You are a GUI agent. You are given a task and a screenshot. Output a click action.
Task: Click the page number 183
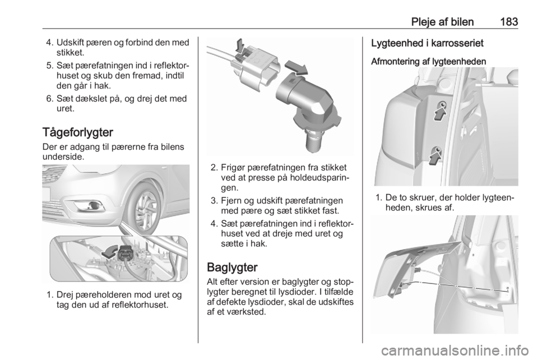coord(509,22)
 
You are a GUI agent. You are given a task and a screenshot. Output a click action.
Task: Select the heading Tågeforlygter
coord(78,133)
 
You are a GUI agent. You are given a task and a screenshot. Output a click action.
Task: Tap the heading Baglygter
coord(232,267)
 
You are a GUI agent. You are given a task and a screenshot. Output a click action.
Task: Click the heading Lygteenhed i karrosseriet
coord(427,43)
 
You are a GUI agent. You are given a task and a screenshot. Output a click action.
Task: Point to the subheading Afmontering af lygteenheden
coord(429,62)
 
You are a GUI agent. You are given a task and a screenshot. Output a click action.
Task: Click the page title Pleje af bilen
coord(442,22)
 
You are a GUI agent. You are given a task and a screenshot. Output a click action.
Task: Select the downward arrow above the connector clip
coord(240,47)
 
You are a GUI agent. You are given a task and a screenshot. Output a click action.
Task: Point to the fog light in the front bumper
coord(90,206)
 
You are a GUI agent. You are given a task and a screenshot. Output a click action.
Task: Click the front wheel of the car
coord(147,203)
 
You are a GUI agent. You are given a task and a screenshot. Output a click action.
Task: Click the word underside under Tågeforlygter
coord(63,158)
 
